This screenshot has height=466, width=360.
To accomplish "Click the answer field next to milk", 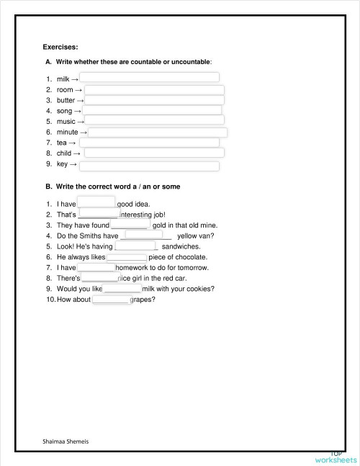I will [x=149, y=77].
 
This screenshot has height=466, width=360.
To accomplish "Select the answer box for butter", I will [x=154, y=100].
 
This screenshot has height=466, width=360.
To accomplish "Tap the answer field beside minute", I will [x=158, y=133].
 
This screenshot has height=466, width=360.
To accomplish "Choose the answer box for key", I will [x=149, y=166].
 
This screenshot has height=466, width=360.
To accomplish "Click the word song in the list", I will [x=64, y=112].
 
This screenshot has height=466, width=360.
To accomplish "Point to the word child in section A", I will [x=63, y=153].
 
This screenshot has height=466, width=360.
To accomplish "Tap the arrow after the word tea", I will [x=73, y=143].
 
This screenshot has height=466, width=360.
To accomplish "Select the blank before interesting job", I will [x=99, y=214].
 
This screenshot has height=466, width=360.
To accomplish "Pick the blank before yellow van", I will [x=148, y=234].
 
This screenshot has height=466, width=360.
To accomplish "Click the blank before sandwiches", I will [x=135, y=246].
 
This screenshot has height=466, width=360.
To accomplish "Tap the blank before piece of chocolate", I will [x=127, y=256].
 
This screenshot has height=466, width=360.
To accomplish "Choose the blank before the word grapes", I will [x=111, y=300].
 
